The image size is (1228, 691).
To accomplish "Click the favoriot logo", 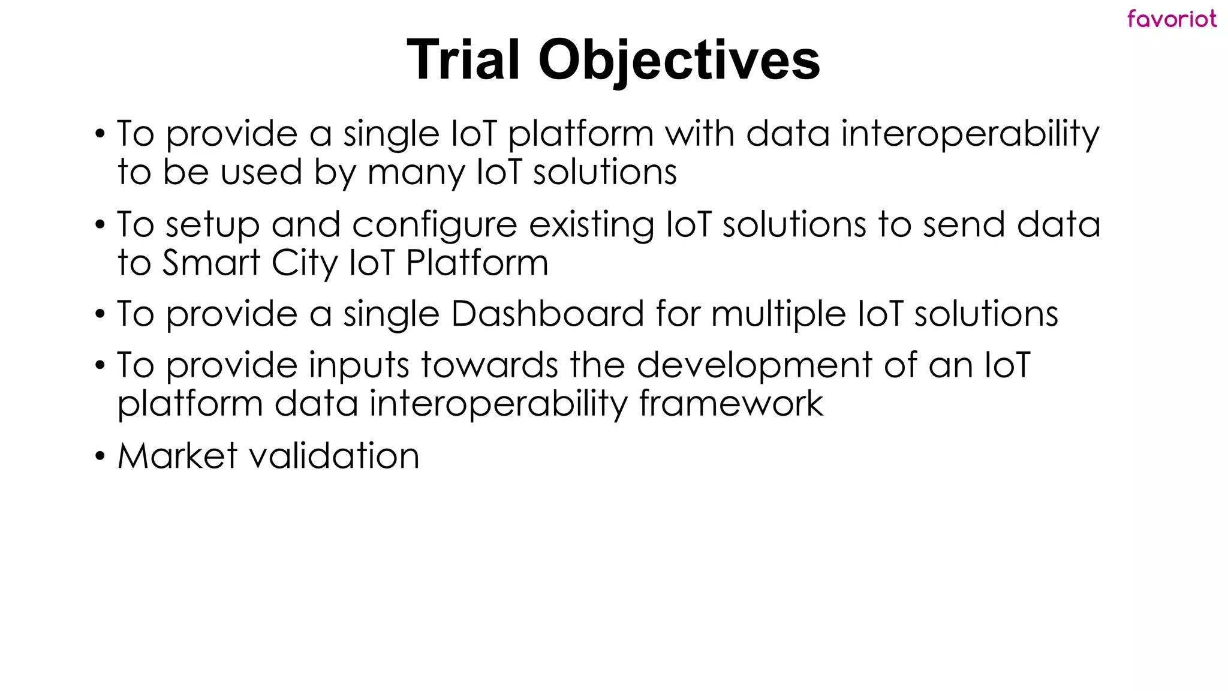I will (x=1172, y=19).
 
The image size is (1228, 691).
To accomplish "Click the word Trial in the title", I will (x=463, y=60).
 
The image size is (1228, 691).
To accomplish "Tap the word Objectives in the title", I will (x=679, y=60).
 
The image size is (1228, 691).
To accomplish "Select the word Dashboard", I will (x=547, y=314).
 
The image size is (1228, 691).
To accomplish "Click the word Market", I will (x=177, y=456).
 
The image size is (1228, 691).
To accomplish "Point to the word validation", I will (x=334, y=456).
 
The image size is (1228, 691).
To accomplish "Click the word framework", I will (x=731, y=403).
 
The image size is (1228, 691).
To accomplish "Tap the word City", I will (x=304, y=264).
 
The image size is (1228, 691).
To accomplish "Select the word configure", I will (x=434, y=226).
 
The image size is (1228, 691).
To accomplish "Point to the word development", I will (x=754, y=366).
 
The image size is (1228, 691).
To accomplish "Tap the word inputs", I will (x=359, y=366).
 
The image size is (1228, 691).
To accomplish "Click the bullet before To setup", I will (x=100, y=226).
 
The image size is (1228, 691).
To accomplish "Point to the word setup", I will (x=213, y=226).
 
